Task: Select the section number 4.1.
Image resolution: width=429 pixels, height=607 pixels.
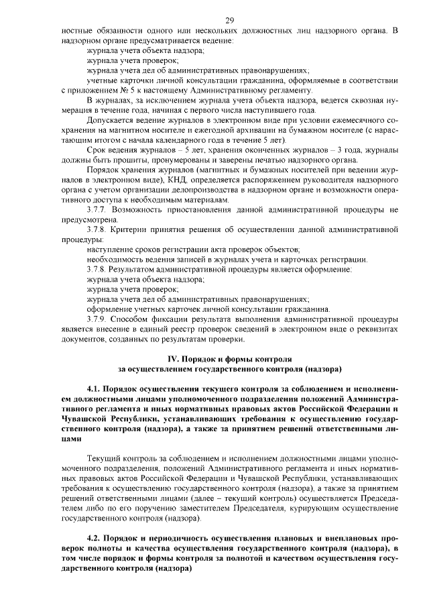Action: click(96, 389)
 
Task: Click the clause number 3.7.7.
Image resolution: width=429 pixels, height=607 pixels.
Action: click(99, 210)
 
